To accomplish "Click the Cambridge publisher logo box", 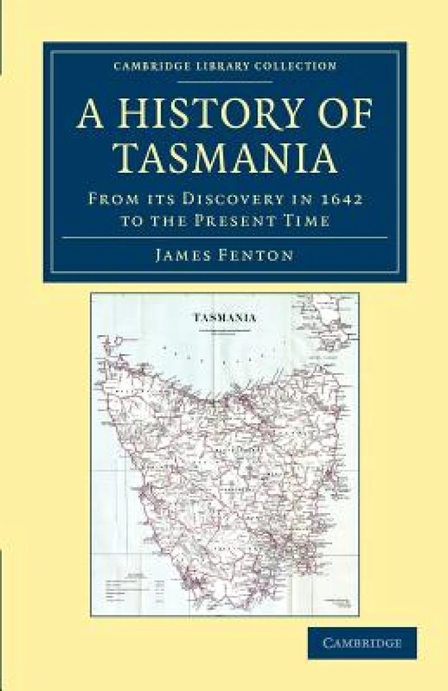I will click(x=362, y=643).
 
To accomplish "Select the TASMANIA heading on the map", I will click(x=225, y=317).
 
